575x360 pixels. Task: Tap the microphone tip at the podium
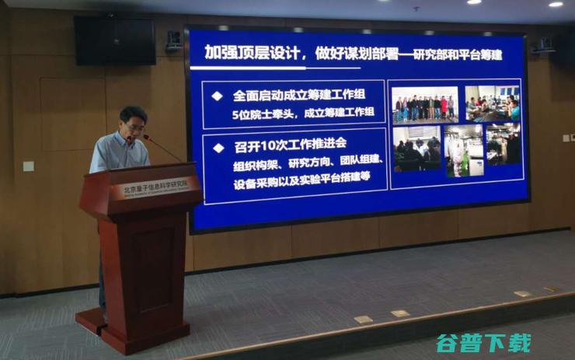145,138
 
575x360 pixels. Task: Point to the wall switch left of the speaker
28,166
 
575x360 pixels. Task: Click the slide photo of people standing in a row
424,104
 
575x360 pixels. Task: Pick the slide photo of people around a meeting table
493,103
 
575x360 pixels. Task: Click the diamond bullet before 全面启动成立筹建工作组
217,96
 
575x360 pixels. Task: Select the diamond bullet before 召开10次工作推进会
218,148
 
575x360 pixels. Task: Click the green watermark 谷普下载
483,343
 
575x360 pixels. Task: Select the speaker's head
133,121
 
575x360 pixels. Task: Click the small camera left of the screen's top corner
173,39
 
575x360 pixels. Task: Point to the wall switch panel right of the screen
566,138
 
